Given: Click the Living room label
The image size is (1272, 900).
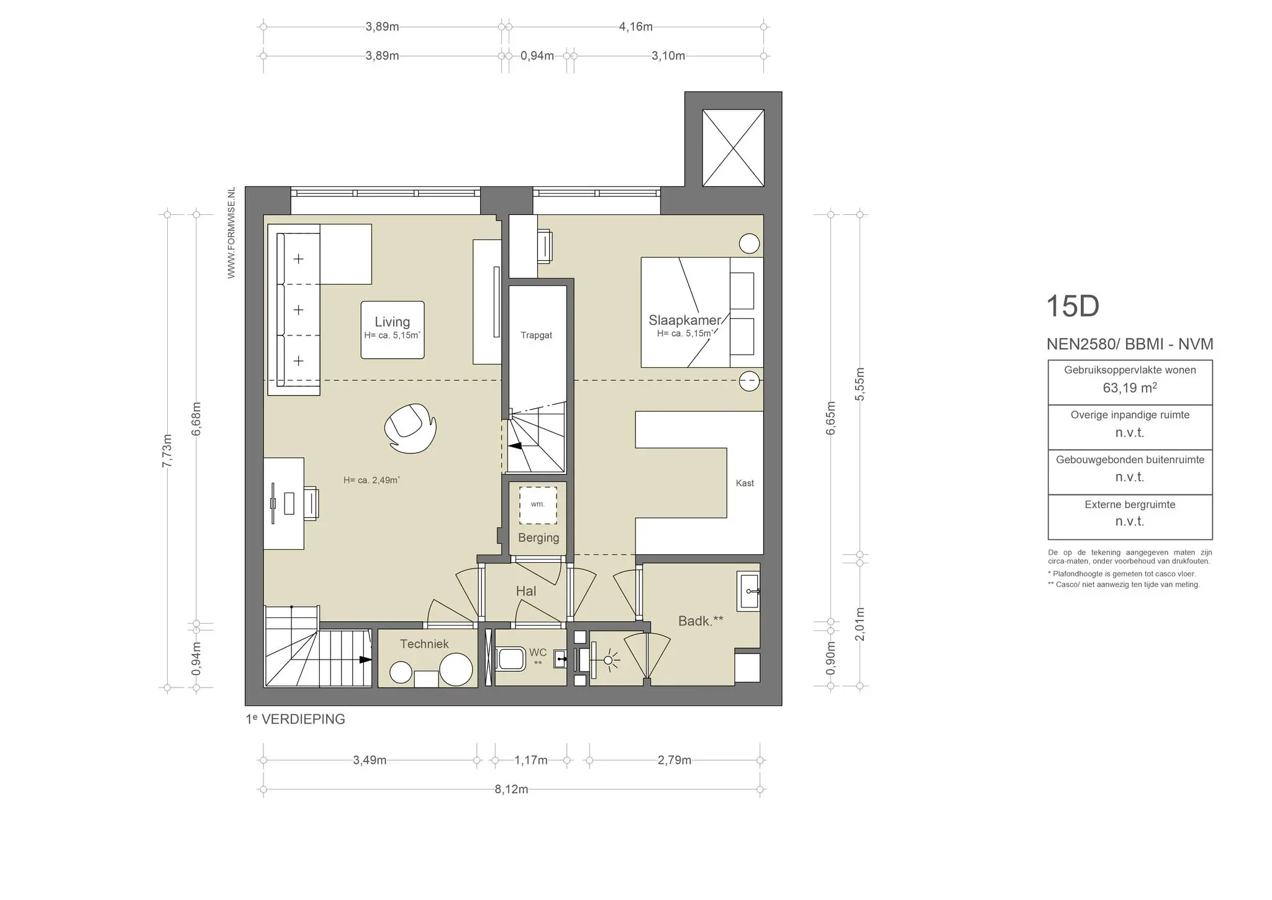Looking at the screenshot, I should (x=392, y=322).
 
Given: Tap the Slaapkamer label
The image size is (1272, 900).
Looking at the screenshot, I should (x=684, y=320).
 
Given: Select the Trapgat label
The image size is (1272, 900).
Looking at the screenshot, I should (x=536, y=335).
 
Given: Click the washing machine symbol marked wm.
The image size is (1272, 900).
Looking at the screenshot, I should (x=538, y=504).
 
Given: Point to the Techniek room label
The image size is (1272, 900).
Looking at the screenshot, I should (x=424, y=644).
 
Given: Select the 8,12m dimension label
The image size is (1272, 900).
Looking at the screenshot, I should (x=511, y=789).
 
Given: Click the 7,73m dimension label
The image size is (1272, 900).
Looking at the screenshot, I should (x=166, y=451).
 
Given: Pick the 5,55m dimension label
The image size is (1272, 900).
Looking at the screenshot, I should (x=860, y=384).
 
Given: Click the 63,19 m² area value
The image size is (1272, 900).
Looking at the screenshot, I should (x=1129, y=388).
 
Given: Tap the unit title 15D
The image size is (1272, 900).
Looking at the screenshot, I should (x=1073, y=306).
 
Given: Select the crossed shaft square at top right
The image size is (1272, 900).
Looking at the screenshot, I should (x=733, y=148).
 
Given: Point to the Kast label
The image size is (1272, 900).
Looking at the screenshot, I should (x=744, y=483).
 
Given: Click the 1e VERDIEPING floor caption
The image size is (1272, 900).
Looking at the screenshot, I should (x=296, y=719).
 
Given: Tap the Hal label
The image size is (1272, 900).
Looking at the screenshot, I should (x=525, y=591).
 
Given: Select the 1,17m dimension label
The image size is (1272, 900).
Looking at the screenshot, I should (x=531, y=760).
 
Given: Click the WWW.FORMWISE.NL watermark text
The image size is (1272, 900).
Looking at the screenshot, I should (x=231, y=233).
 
